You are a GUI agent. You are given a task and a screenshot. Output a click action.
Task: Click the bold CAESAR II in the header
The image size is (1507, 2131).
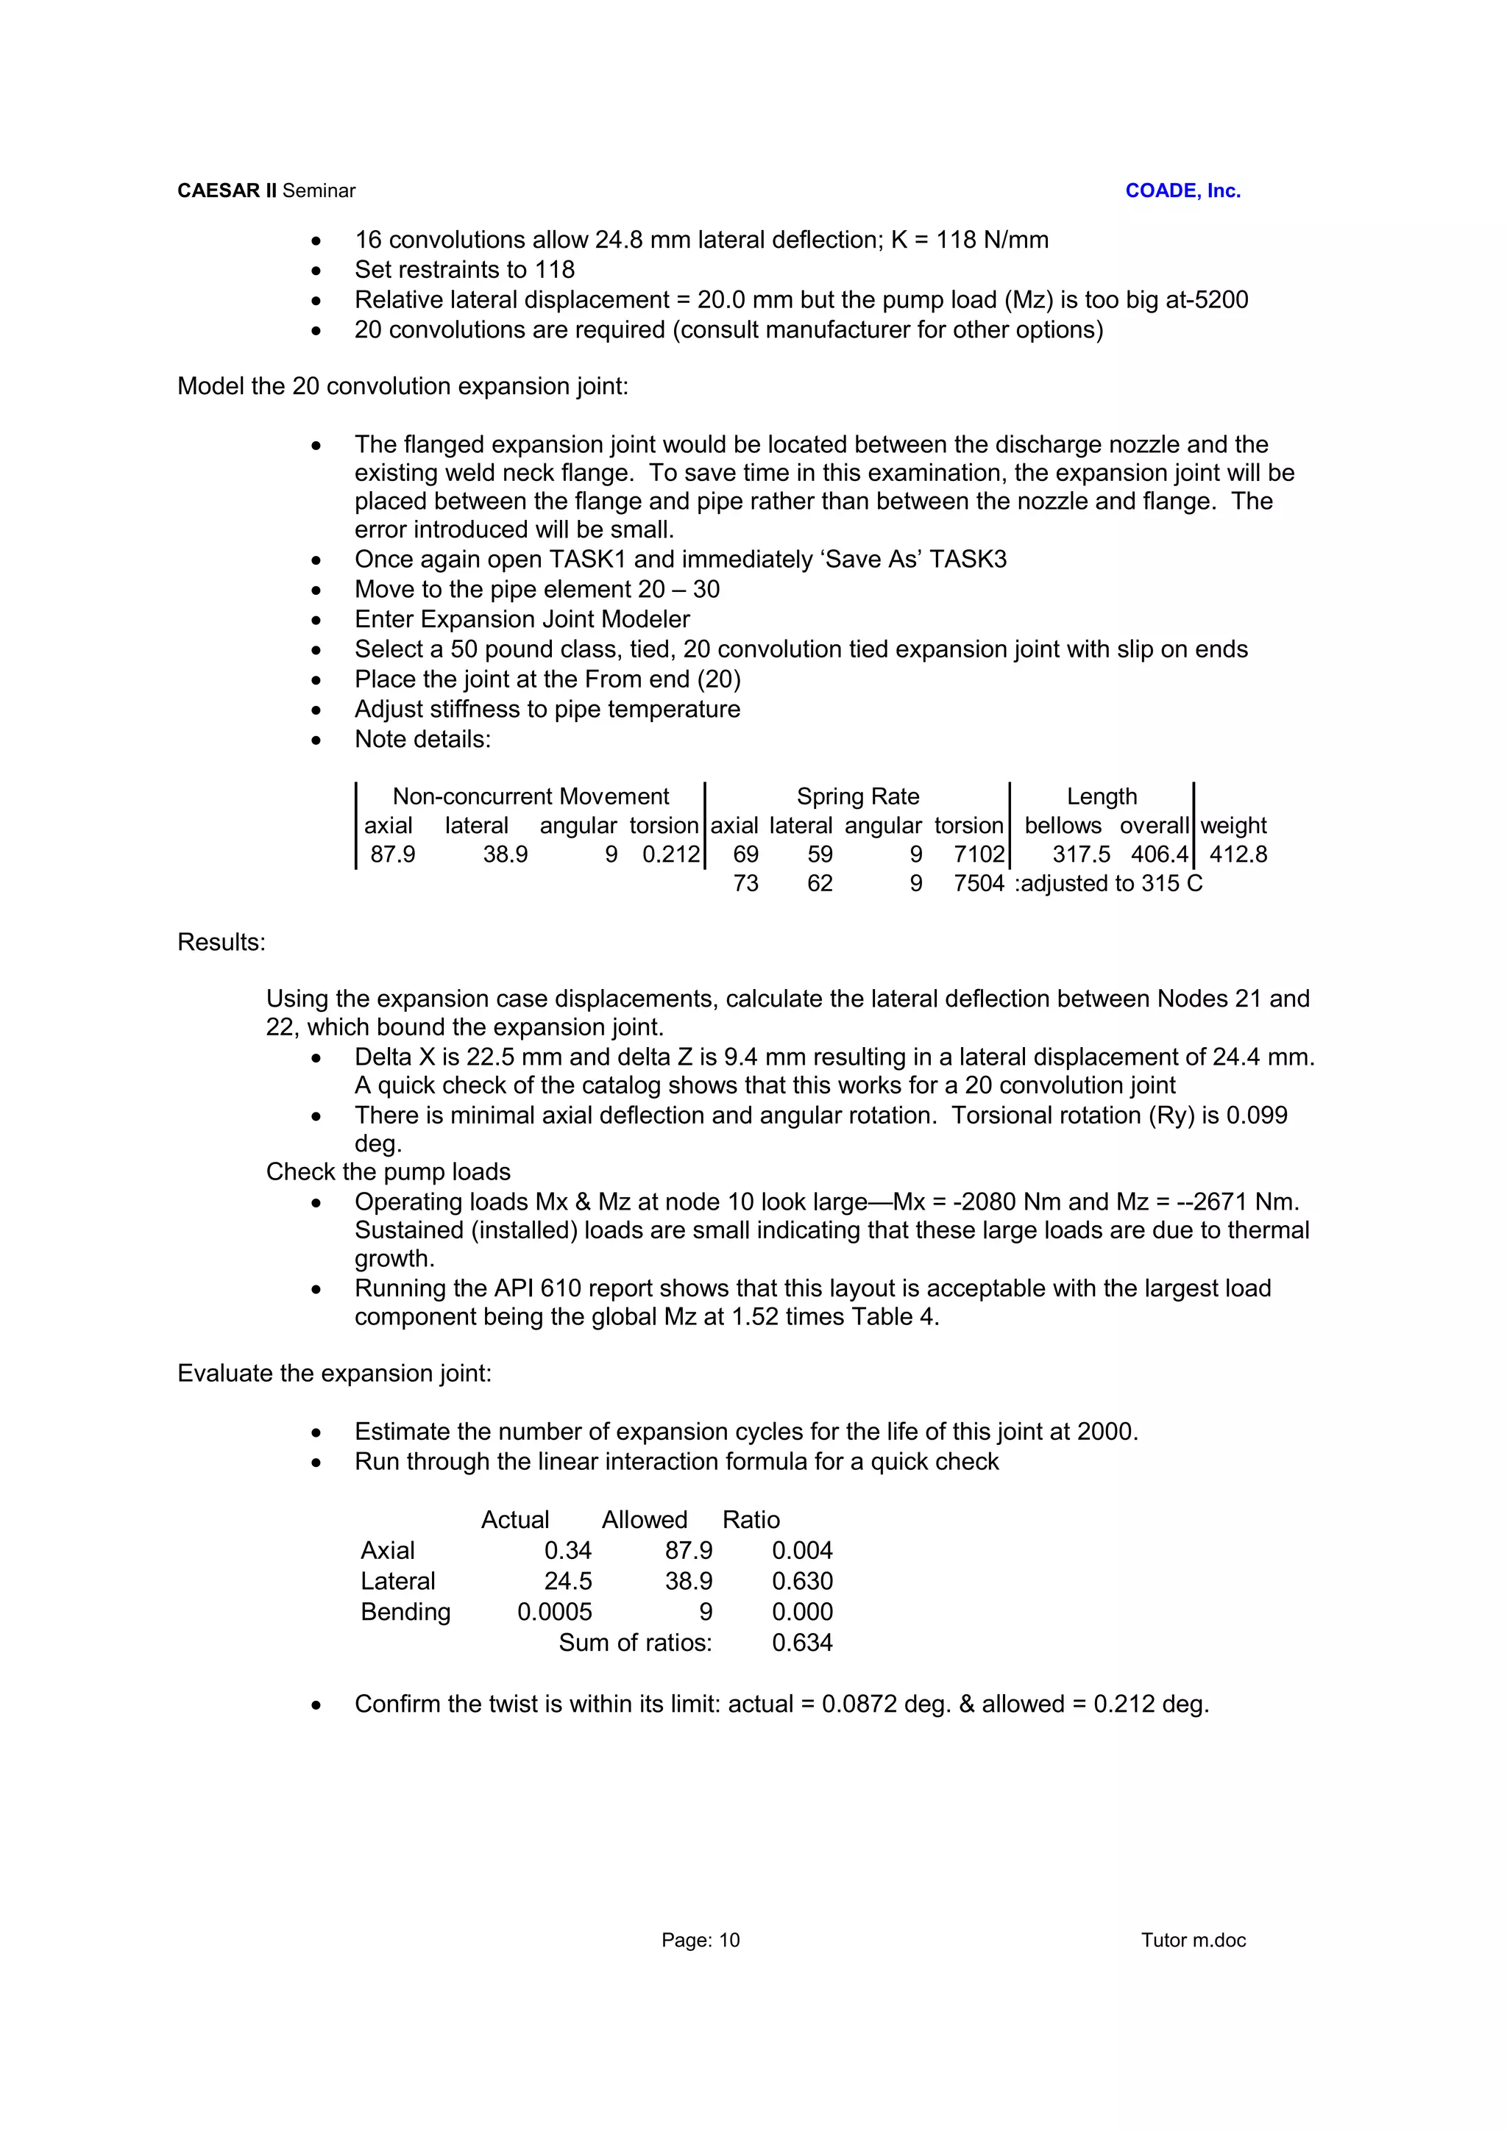click(227, 190)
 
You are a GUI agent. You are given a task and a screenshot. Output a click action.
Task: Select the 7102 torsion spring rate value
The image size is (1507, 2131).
click(979, 854)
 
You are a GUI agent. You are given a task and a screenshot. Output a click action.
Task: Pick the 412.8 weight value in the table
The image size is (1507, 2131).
click(1238, 854)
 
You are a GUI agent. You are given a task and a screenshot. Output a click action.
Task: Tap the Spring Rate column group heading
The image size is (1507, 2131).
click(857, 796)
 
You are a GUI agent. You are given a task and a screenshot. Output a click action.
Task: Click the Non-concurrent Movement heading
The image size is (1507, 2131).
click(531, 796)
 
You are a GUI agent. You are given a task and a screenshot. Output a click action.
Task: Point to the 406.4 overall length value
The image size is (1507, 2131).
click(1159, 854)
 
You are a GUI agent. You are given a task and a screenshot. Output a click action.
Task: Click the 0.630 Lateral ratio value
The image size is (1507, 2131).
click(801, 1581)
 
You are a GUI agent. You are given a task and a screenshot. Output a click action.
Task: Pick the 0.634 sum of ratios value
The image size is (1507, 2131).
click(801, 1642)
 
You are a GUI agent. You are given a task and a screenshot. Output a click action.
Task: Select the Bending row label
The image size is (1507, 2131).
click(405, 1611)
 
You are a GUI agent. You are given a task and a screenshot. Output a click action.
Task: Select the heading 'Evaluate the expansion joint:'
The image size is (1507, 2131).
click(334, 1373)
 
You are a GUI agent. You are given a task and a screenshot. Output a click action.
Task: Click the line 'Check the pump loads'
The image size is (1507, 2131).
click(388, 1171)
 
